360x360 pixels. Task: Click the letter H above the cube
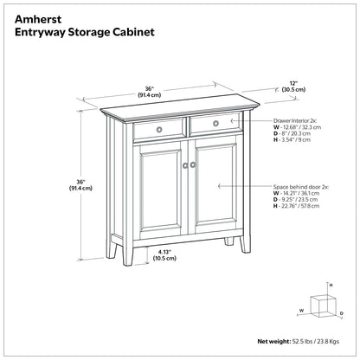click(331, 284)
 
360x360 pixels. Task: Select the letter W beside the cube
click(302, 309)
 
